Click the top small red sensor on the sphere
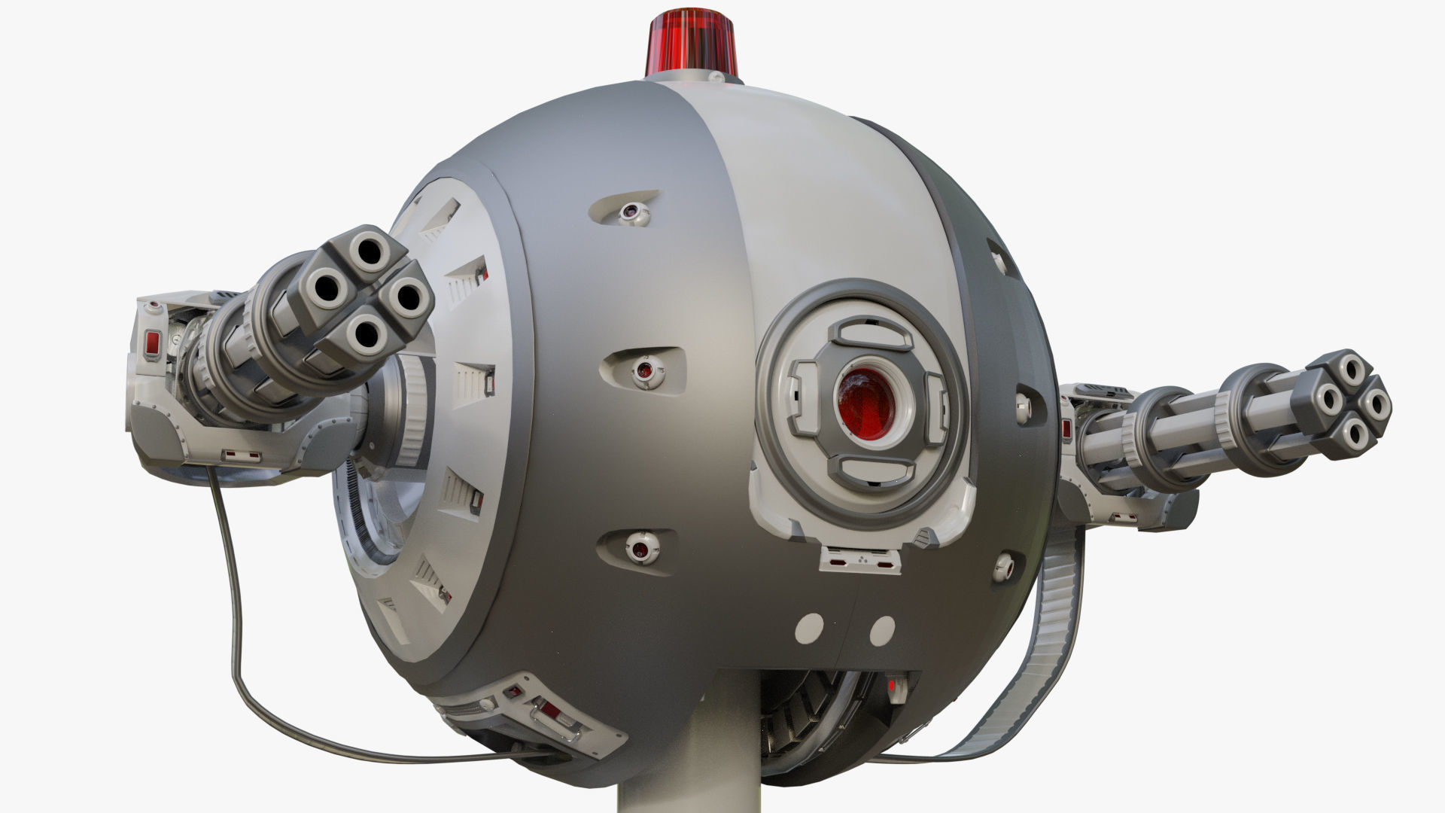[x=629, y=213]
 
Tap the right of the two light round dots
[x=882, y=629]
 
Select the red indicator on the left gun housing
[x=152, y=344]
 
